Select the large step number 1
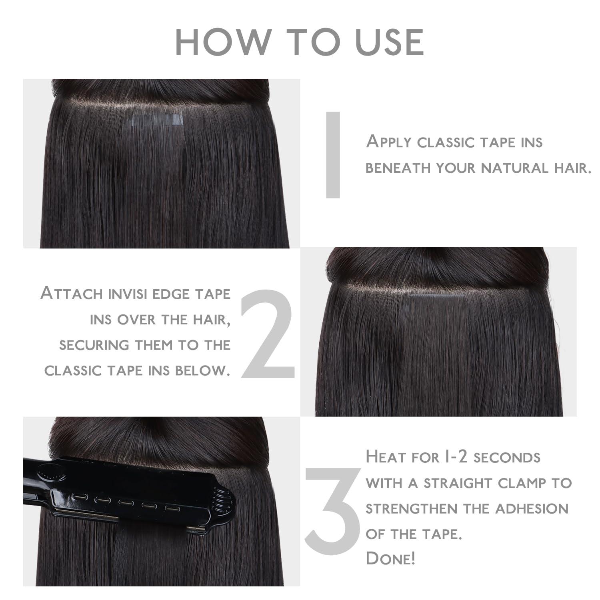tap(333, 155)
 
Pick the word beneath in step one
tap(398, 168)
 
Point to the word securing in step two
tap(94, 345)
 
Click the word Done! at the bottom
tap(390, 559)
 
